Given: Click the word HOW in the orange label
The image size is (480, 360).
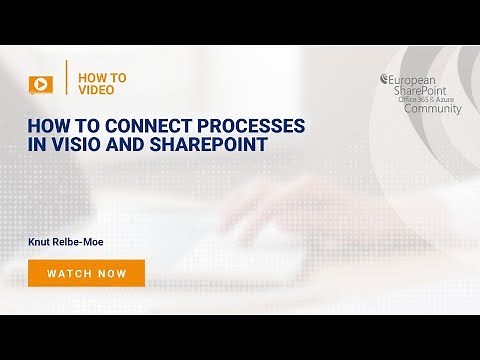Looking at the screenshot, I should click(x=88, y=77).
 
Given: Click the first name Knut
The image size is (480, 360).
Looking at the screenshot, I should click(x=43, y=241).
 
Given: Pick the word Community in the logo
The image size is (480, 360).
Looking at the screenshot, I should click(x=433, y=109).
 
